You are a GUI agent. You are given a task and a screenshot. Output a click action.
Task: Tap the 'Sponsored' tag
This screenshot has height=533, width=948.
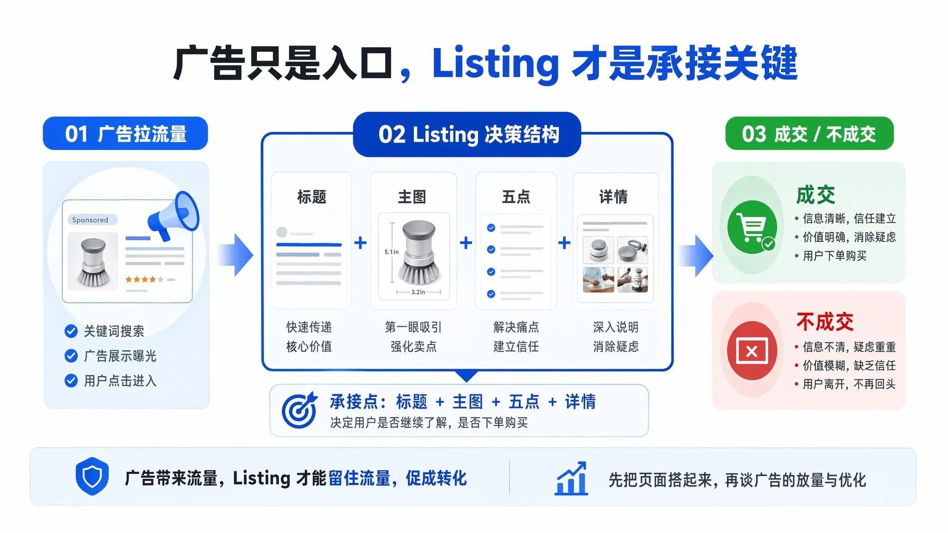click(90, 220)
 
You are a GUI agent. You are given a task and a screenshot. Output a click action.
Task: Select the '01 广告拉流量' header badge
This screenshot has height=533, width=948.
click(125, 134)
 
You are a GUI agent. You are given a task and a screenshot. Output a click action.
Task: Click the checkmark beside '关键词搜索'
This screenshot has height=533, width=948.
click(71, 331)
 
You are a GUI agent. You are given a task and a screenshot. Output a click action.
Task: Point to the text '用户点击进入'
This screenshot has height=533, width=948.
click(120, 381)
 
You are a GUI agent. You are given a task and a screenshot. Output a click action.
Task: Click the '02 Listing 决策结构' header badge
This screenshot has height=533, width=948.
click(467, 134)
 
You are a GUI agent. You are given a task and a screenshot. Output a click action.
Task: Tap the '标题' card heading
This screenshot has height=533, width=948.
click(312, 197)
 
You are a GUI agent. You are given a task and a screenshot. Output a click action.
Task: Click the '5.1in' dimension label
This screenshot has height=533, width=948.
click(391, 252)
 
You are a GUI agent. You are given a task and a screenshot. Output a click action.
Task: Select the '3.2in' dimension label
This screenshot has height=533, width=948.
click(418, 292)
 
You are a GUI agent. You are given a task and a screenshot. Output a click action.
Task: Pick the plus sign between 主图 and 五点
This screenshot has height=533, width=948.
click(466, 242)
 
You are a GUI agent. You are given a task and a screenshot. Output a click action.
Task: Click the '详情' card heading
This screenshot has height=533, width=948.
click(613, 197)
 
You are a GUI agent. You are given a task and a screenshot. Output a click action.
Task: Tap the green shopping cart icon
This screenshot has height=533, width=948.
click(752, 227)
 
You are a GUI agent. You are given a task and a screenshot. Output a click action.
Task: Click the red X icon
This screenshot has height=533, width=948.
click(752, 351)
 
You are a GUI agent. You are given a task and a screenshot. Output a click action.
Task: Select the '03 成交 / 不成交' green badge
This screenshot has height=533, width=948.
click(809, 134)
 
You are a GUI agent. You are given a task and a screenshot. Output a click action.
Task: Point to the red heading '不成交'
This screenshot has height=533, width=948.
click(825, 322)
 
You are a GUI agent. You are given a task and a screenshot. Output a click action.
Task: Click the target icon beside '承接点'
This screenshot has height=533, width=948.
click(299, 410)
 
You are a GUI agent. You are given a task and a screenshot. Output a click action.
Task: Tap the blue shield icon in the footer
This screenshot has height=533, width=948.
click(92, 476)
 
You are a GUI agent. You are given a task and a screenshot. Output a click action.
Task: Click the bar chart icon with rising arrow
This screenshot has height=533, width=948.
click(571, 478)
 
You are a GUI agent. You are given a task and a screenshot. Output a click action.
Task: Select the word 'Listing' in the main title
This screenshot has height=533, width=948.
click(495, 63)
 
